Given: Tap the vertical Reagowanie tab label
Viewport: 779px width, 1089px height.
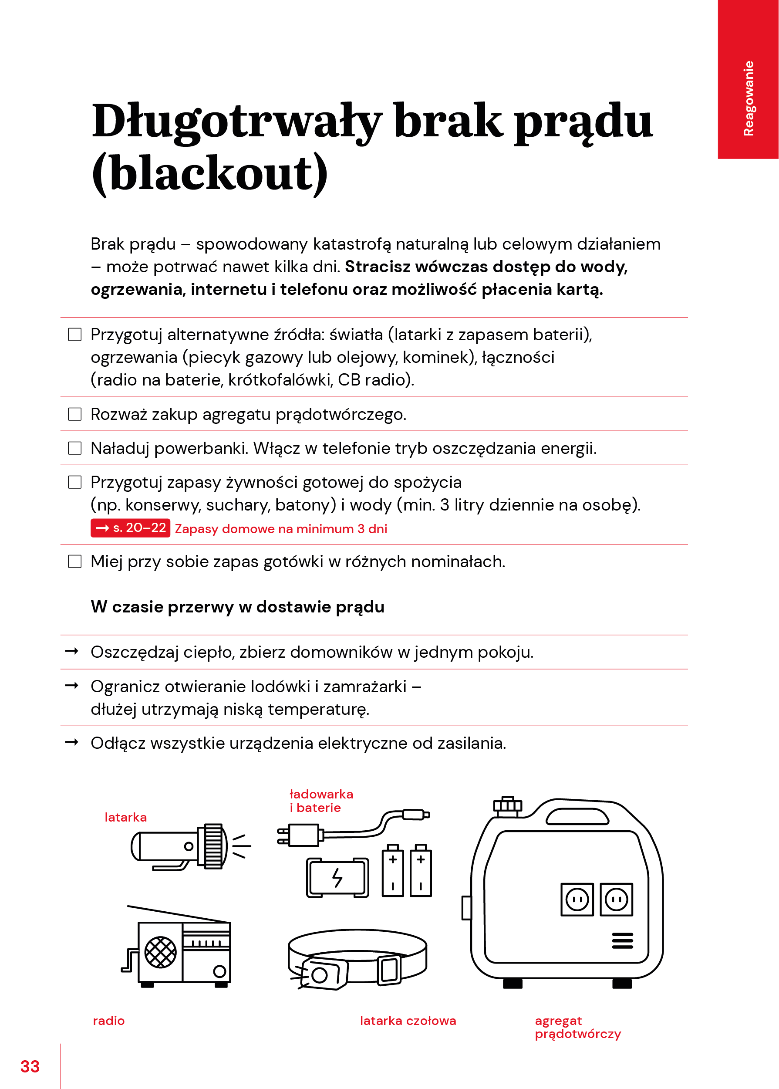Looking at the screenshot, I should click(748, 98).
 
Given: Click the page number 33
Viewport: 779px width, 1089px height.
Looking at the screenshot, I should click(30, 1066).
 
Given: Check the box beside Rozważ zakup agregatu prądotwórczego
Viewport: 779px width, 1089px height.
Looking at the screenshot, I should click(75, 414).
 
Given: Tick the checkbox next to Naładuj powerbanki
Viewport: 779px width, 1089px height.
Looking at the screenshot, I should click(75, 448).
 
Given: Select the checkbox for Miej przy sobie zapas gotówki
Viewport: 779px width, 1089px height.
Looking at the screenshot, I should click(75, 561).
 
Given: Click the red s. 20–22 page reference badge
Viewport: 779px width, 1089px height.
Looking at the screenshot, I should click(131, 528).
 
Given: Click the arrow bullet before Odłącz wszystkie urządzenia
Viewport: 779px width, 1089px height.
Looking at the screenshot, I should click(71, 742).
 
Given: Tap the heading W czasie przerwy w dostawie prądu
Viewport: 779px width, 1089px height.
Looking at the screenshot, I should click(237, 607).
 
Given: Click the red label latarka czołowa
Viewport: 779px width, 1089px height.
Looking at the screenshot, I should click(408, 1021).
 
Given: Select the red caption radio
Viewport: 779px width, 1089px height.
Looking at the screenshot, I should click(109, 1021).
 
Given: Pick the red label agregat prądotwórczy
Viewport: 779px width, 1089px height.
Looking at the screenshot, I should click(577, 1027).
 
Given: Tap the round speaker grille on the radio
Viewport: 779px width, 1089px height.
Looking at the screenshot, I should click(160, 952).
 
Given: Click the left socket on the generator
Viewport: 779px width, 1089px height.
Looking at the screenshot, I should click(577, 900).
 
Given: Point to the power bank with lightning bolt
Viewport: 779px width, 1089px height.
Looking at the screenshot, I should click(338, 877).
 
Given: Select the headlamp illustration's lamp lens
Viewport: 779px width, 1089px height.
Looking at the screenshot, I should click(320, 975).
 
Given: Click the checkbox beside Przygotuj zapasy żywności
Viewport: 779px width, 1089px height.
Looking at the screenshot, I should click(75, 482).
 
